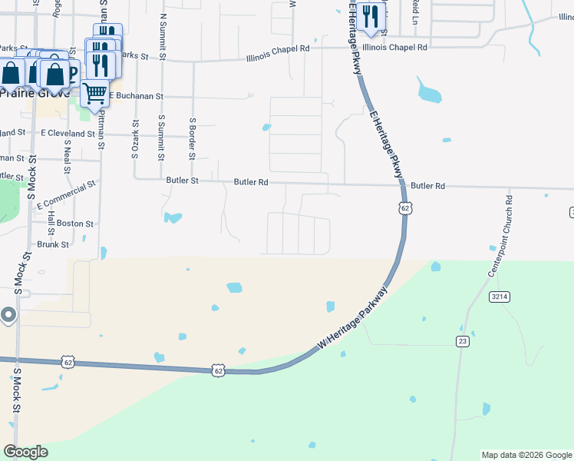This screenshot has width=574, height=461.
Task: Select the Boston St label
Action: [x=75, y=224]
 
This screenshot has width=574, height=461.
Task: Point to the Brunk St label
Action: [x=53, y=244]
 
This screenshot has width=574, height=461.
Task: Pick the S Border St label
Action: [x=192, y=138]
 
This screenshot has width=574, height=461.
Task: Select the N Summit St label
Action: [x=163, y=35]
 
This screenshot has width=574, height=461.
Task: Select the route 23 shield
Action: [x=462, y=341]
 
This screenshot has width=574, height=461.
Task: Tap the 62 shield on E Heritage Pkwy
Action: [x=405, y=208]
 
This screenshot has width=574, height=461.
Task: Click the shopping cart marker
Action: [x=95, y=95]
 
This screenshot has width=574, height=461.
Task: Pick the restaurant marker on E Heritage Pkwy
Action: [x=371, y=17]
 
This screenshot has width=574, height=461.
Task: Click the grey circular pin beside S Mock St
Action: [x=8, y=314]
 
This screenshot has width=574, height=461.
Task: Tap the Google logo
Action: [x=25, y=452]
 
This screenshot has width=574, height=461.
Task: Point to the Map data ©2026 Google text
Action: [x=526, y=455]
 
